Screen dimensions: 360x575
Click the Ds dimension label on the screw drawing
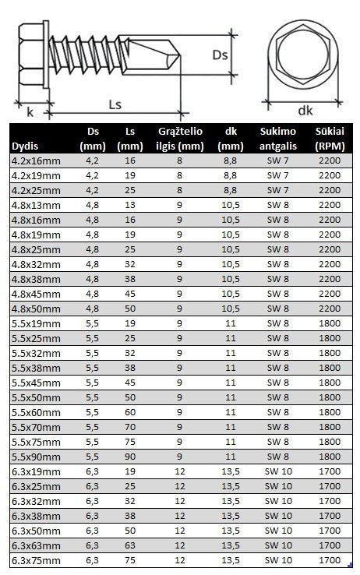(220, 55)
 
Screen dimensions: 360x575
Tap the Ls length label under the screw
(115, 102)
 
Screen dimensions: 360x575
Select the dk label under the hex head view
(305, 110)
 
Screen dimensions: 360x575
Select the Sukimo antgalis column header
(277, 139)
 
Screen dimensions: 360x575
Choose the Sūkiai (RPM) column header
(330, 139)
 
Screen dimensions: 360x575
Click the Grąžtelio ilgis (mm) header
(180, 139)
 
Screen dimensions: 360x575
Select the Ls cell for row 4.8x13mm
(129, 205)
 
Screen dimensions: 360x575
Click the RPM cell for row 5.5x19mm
(330, 323)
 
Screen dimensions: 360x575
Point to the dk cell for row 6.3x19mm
(231, 471)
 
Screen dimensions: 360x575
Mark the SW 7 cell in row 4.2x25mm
(277, 190)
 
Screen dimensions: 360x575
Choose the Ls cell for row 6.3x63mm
(129, 545)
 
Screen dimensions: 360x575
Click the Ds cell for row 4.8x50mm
(93, 308)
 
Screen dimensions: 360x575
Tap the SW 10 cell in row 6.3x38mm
(277, 515)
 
